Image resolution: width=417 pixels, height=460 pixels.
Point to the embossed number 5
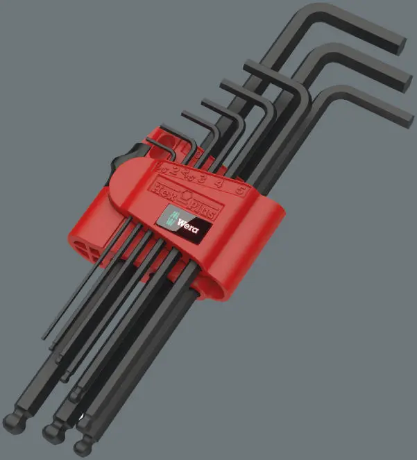[239, 189]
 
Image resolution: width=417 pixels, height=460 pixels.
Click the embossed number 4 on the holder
[219, 182]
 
